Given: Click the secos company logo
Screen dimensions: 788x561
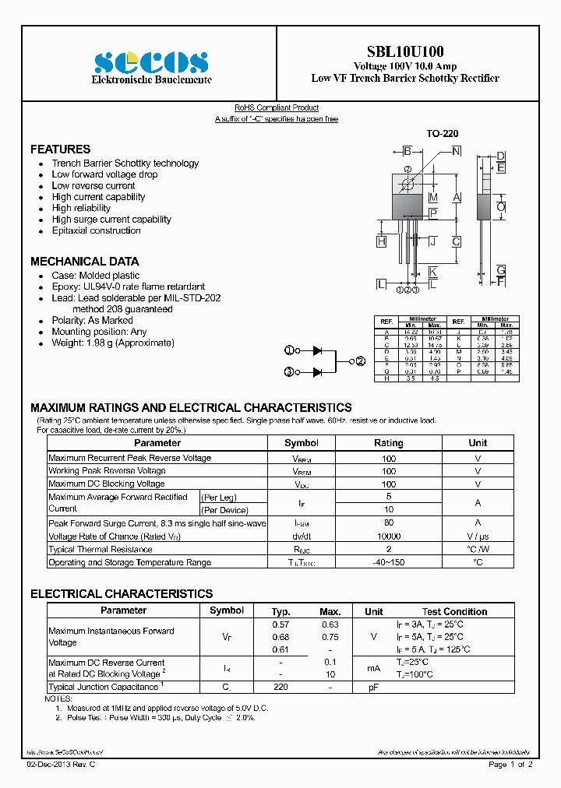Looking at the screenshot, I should [151, 63].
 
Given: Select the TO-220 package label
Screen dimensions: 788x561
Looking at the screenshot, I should [441, 134].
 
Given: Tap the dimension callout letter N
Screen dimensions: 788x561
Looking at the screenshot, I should [457, 151].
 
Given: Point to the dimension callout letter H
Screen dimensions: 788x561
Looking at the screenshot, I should [381, 241].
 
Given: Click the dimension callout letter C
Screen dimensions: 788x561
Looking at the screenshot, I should [457, 241].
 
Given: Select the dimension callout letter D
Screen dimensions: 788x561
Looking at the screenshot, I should [501, 157].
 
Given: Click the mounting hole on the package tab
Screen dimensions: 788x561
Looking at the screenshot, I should [407, 185].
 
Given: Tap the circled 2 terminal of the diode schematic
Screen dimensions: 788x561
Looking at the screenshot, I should [360, 361].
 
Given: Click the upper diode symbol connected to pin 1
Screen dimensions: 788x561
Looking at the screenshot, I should [317, 351].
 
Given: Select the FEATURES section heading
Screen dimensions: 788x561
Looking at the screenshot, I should [60, 149].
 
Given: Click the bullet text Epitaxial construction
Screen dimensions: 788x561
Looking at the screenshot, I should [96, 230].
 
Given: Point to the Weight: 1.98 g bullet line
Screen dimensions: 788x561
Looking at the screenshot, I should [113, 343].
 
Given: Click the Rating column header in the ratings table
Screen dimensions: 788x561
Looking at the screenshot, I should [388, 442].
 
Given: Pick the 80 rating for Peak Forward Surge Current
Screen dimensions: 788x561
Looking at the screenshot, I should [388, 523].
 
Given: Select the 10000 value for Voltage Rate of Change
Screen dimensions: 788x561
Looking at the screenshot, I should [388, 536].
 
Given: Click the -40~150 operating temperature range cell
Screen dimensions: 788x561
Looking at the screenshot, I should [388, 562].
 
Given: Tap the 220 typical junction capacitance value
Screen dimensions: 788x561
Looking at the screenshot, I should [280, 687].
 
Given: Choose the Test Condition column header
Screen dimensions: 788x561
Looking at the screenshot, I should [454, 611].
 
